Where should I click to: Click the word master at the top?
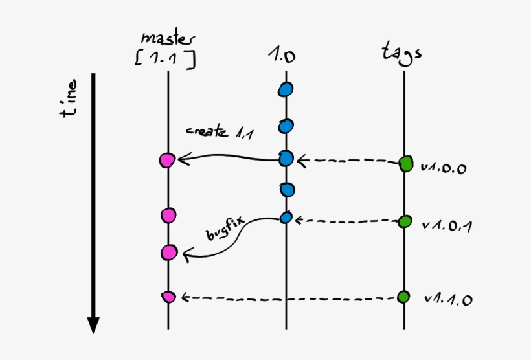coord(168,39)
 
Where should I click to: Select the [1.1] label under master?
coord(165,60)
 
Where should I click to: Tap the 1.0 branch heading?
coord(282,55)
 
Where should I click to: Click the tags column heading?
coord(402,53)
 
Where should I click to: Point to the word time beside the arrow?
coord(69,98)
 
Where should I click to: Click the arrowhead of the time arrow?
coord(93,325)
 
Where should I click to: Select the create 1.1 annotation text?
coord(219,132)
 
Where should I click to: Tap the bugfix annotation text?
coord(225,229)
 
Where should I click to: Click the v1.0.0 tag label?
coord(444,168)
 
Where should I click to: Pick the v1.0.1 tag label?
coord(447,226)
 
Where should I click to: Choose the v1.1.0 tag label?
coord(448,299)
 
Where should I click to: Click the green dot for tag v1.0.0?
coord(405,164)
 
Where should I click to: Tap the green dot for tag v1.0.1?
coord(405,221)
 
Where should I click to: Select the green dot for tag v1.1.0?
coord(403,297)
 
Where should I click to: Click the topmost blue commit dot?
coord(286,90)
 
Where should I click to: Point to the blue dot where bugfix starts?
coord(286,218)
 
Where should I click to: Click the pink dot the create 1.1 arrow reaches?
coord(167,160)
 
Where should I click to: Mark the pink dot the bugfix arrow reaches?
coord(169,253)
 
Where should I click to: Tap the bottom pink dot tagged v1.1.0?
coord(168,297)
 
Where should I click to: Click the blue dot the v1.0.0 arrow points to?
coord(286,159)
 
